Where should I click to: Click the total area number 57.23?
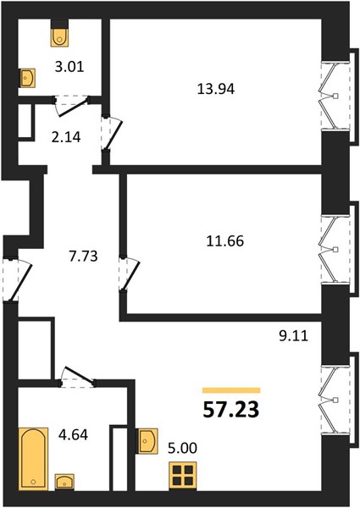tap(231, 410)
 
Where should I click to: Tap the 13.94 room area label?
tap(216, 89)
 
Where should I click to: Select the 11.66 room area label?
tap(224, 241)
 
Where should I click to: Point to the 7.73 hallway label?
tap(83, 257)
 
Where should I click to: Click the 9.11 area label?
tap(294, 336)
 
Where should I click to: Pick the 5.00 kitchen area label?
tap(182, 449)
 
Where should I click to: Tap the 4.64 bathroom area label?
tap(73, 435)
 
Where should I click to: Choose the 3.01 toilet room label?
tap(69, 67)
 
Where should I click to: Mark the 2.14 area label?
tap(66, 137)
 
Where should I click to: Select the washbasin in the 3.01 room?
tap(28, 79)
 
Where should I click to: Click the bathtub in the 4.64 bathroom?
tap(33, 458)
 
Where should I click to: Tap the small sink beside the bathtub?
tap(64, 482)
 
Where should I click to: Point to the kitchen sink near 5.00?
tap(147, 441)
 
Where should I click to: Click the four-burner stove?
tap(183, 476)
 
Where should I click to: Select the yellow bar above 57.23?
tap(231, 390)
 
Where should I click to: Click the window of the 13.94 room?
tap(336, 96)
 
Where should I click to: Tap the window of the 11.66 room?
tap(336, 250)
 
